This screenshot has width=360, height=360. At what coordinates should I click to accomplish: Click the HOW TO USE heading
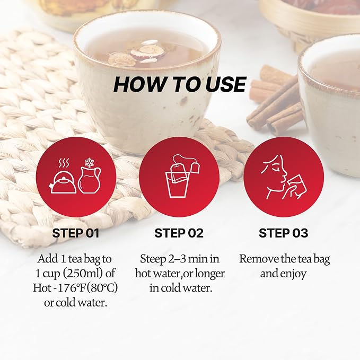point(180,84)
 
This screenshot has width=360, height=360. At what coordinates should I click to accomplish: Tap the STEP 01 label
point(76,233)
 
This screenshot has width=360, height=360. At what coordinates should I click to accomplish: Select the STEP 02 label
point(179,233)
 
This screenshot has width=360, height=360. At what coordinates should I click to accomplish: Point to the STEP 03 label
point(283,233)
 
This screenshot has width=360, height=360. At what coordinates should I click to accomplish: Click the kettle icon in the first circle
point(63,182)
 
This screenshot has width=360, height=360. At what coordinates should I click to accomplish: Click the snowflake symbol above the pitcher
point(89,163)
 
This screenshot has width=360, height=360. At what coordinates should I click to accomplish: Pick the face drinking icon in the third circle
point(284,177)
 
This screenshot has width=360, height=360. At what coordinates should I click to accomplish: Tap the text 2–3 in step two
point(180,259)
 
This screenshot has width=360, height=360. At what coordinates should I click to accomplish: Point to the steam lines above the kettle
point(64,163)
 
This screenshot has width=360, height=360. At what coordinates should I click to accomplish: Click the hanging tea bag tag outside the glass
point(195,167)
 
